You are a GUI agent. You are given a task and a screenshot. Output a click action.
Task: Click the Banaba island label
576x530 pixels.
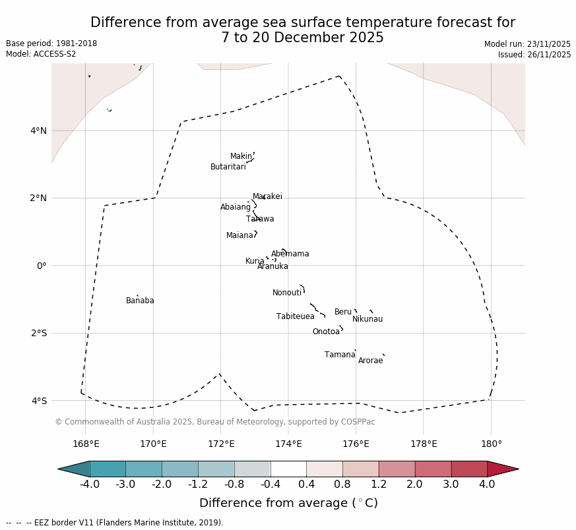140,301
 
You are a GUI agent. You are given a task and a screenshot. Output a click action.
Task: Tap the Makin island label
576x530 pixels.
241,156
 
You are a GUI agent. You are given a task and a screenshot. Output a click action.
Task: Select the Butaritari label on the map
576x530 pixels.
228,167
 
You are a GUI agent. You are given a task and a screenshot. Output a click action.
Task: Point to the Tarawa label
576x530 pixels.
260,219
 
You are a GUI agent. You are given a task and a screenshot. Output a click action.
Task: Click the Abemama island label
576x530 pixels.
290,254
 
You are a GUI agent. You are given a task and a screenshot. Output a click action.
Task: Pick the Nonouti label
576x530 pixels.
287,293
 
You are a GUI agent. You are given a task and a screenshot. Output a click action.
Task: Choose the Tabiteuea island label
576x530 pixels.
295,316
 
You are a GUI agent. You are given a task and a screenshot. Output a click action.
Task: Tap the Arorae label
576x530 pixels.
370,361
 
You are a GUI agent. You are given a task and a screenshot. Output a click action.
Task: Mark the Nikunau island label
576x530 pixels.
367,319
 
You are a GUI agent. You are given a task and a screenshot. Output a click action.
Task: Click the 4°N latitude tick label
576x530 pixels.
38,131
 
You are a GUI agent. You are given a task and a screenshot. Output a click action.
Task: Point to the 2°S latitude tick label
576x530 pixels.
38,333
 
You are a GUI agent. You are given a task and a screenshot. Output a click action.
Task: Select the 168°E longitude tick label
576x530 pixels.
86,444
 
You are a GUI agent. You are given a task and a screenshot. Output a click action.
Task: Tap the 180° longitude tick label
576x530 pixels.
491,444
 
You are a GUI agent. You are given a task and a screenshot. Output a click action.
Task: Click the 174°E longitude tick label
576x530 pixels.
288,444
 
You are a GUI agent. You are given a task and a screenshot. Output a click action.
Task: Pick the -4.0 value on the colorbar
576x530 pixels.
90,485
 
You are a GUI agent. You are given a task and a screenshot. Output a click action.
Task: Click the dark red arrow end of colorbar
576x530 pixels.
503,469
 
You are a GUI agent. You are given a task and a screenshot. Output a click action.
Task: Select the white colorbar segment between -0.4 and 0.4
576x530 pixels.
288,469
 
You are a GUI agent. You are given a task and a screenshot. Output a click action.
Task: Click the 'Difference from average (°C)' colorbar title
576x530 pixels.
288,503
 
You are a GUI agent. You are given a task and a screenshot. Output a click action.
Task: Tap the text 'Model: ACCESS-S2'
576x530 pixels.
41,54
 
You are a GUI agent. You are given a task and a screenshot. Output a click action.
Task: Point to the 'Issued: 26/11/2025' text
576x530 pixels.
534,55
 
